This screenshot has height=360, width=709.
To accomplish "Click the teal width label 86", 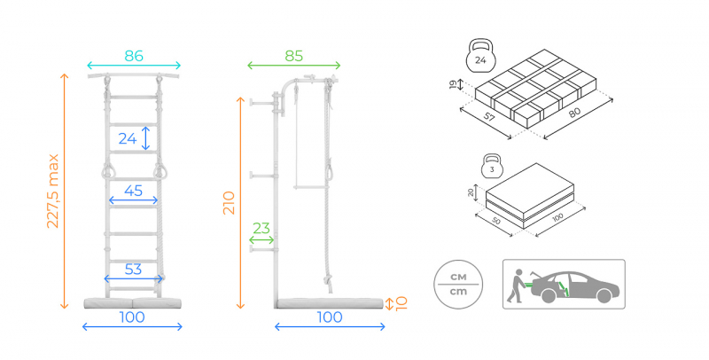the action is point(134,56).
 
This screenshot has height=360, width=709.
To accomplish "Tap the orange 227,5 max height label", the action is point(53,191).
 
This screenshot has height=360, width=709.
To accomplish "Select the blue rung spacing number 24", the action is point(128,138).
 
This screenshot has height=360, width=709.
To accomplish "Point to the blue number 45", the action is point(134,191).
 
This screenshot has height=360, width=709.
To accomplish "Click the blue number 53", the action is point(134,270).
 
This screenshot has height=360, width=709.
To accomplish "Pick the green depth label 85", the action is point(294,56).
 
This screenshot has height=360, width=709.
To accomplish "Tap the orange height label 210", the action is point(230,203).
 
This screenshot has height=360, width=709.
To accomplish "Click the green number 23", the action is point(261,229).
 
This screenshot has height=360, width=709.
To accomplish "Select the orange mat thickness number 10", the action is point(401,303).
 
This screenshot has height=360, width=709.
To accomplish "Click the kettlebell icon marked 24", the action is point(480,55).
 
